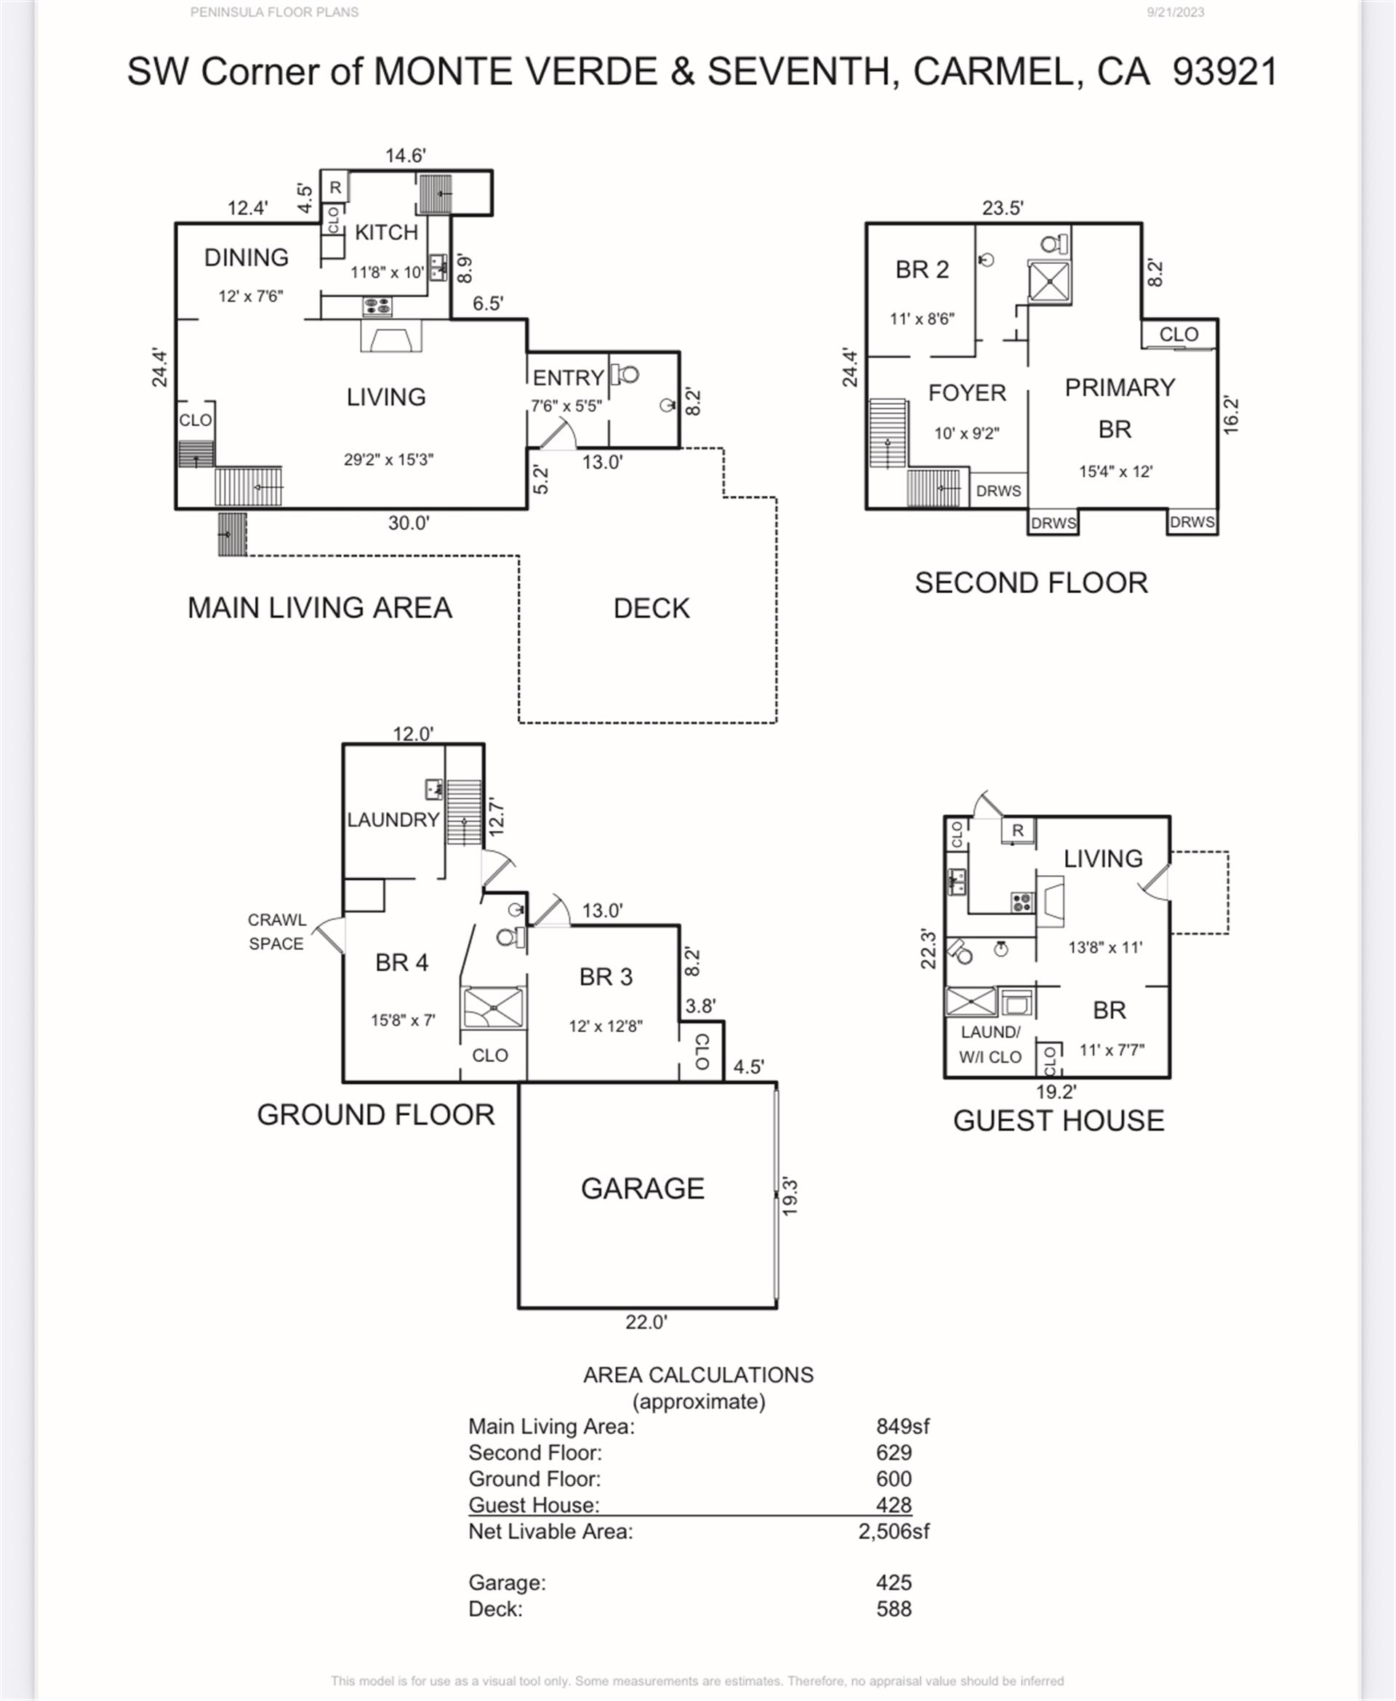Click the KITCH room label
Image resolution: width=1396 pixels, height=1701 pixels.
coord(386,233)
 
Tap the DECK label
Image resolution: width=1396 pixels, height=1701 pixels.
coord(651,608)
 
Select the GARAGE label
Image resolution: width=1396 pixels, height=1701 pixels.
coord(643,1188)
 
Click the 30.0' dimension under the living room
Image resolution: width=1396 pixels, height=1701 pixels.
coord(409,523)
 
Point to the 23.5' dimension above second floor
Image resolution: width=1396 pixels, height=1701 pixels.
coord(1002,208)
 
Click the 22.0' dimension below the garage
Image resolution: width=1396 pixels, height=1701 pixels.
coord(646,1322)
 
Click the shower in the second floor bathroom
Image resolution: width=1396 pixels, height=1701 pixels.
coord(1049,282)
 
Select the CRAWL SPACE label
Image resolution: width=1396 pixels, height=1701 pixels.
coord(276,932)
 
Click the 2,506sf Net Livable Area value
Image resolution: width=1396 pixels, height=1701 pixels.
coord(894,1532)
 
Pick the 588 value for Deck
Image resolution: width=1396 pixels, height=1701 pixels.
coord(894,1609)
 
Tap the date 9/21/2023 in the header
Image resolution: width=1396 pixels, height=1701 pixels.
coord(1175,12)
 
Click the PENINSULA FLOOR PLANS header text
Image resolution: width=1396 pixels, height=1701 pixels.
coord(274,12)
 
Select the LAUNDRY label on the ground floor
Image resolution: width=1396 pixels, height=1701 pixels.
coord(393,820)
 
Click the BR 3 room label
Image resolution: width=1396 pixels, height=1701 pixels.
coord(606,978)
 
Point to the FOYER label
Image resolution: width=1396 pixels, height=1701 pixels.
coord(966,393)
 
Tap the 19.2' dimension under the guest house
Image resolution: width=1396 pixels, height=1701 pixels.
coord(1056,1092)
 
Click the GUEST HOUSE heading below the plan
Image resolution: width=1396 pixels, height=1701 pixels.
coord(1058,1121)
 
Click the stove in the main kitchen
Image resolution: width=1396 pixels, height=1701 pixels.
coord(377,305)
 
